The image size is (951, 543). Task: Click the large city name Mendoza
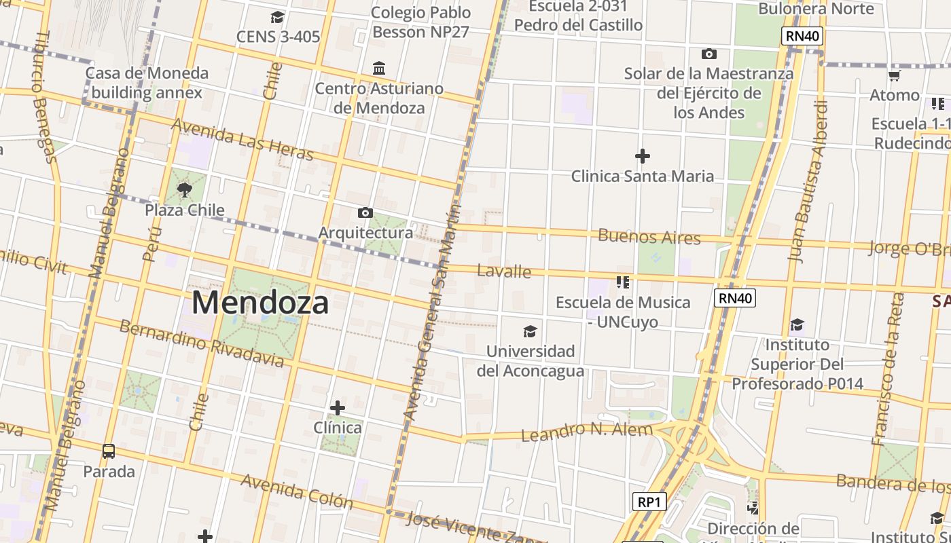[260, 302]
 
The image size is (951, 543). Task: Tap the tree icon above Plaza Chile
[184, 189]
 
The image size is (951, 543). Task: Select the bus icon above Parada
[109, 451]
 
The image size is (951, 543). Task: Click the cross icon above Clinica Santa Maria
[642, 156]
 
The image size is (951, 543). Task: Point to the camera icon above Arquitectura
[365, 212]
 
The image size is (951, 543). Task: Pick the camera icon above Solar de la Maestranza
[708, 54]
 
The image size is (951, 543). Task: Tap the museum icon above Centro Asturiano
[379, 69]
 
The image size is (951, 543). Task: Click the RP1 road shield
[649, 502]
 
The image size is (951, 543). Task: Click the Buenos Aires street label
[649, 237]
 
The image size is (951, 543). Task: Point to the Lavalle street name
[504, 271]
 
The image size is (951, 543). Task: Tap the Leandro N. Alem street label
[587, 430]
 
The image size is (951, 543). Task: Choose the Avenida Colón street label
[297, 491]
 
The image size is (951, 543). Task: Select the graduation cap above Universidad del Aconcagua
[530, 331]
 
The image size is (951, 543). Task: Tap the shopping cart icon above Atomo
[895, 75]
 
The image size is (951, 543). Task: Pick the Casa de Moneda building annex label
[147, 83]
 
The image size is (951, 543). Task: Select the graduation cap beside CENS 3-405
[277, 17]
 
